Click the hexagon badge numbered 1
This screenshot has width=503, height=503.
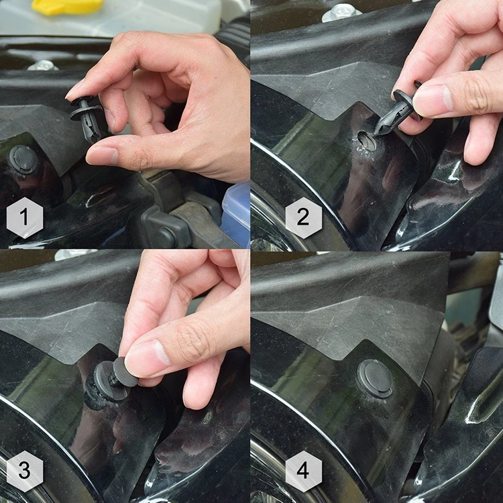[25, 218]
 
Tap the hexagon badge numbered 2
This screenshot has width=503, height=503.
[303, 218]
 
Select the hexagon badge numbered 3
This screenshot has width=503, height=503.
[25, 471]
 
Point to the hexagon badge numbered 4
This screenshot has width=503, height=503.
[303, 471]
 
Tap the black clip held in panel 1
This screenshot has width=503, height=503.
[86, 118]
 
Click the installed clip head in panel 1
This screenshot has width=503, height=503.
[23, 160]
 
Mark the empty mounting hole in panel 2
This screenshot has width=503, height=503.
[366, 141]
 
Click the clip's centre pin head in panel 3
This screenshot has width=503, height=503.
[125, 372]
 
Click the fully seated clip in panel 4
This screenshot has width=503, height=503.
[375, 378]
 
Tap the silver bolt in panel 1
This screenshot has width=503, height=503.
[43, 65]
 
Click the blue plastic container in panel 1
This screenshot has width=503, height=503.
[237, 215]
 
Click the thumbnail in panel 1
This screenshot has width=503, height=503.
[101, 155]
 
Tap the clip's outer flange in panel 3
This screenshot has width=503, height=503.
[107, 382]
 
